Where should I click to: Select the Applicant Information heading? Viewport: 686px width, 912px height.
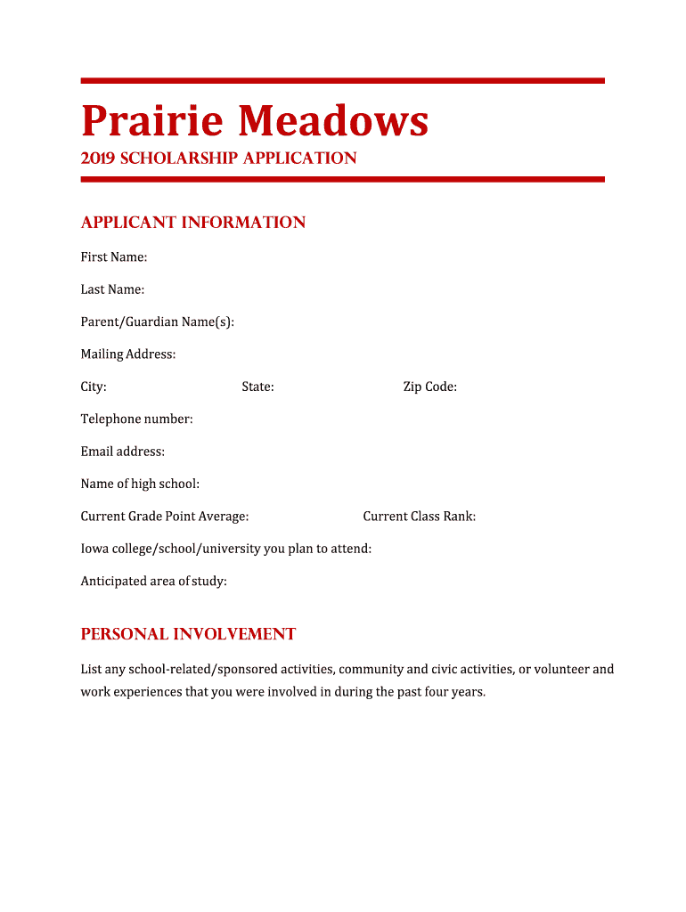(x=193, y=223)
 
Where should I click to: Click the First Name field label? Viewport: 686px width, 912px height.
(x=114, y=257)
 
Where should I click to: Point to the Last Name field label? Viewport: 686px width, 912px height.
(x=112, y=289)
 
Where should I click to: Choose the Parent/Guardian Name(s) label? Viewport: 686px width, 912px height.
(x=158, y=322)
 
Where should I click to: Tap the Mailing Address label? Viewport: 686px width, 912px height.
(x=128, y=354)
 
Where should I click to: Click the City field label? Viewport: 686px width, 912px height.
(x=94, y=387)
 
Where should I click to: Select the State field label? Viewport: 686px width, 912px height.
(x=257, y=387)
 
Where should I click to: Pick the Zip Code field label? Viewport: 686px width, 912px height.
(x=429, y=387)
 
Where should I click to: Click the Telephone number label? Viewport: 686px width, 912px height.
(x=136, y=419)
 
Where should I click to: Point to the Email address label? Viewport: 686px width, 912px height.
(x=123, y=452)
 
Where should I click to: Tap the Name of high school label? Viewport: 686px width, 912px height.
(x=140, y=484)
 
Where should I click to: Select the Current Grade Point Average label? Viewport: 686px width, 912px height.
(x=165, y=517)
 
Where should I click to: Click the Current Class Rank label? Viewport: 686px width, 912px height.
(x=419, y=517)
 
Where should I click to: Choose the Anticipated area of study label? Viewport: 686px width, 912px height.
(x=154, y=582)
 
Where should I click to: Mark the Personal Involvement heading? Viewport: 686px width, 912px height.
(x=188, y=634)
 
